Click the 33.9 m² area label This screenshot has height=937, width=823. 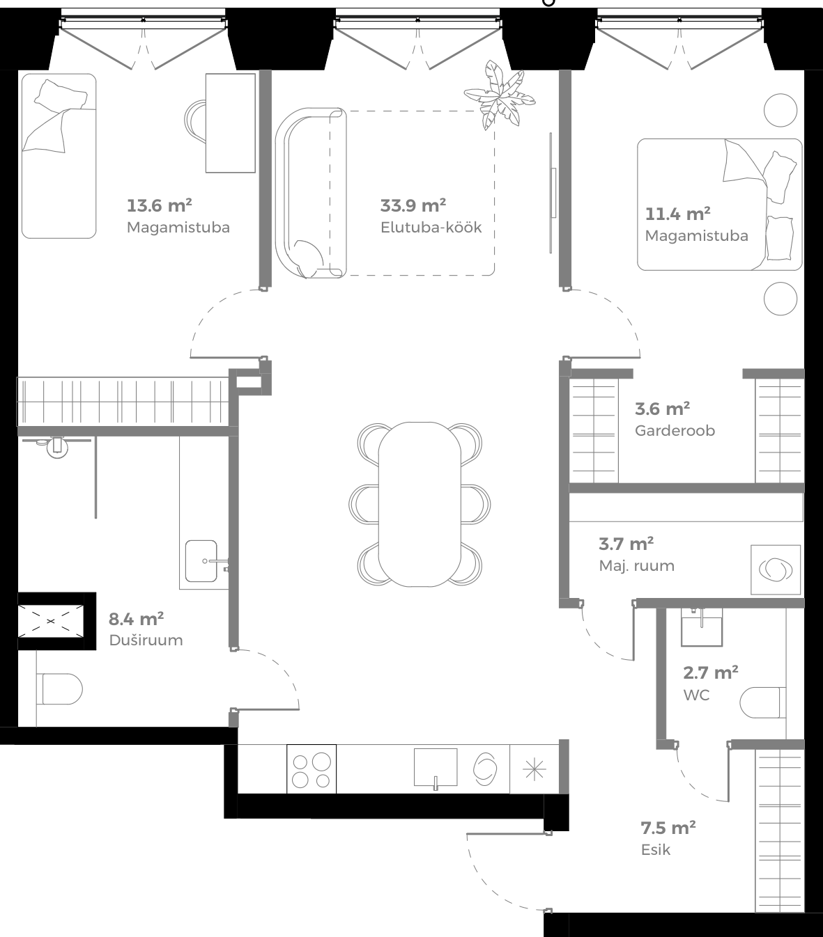[413, 205]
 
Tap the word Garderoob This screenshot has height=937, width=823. [675, 430]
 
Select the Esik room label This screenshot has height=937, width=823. [655, 849]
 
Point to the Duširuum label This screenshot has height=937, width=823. [146, 640]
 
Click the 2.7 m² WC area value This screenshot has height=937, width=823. [710, 672]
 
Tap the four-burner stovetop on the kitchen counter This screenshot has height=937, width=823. [311, 769]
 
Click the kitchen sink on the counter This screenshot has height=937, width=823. [436, 767]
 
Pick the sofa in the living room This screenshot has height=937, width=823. [310, 193]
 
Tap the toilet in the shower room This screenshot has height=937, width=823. [61, 689]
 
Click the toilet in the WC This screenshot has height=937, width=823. [761, 702]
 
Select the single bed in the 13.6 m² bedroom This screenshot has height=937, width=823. [59, 156]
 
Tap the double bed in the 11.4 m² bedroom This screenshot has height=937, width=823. [719, 205]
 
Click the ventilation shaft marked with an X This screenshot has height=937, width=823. [51, 620]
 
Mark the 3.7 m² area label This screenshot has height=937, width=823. [626, 543]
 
